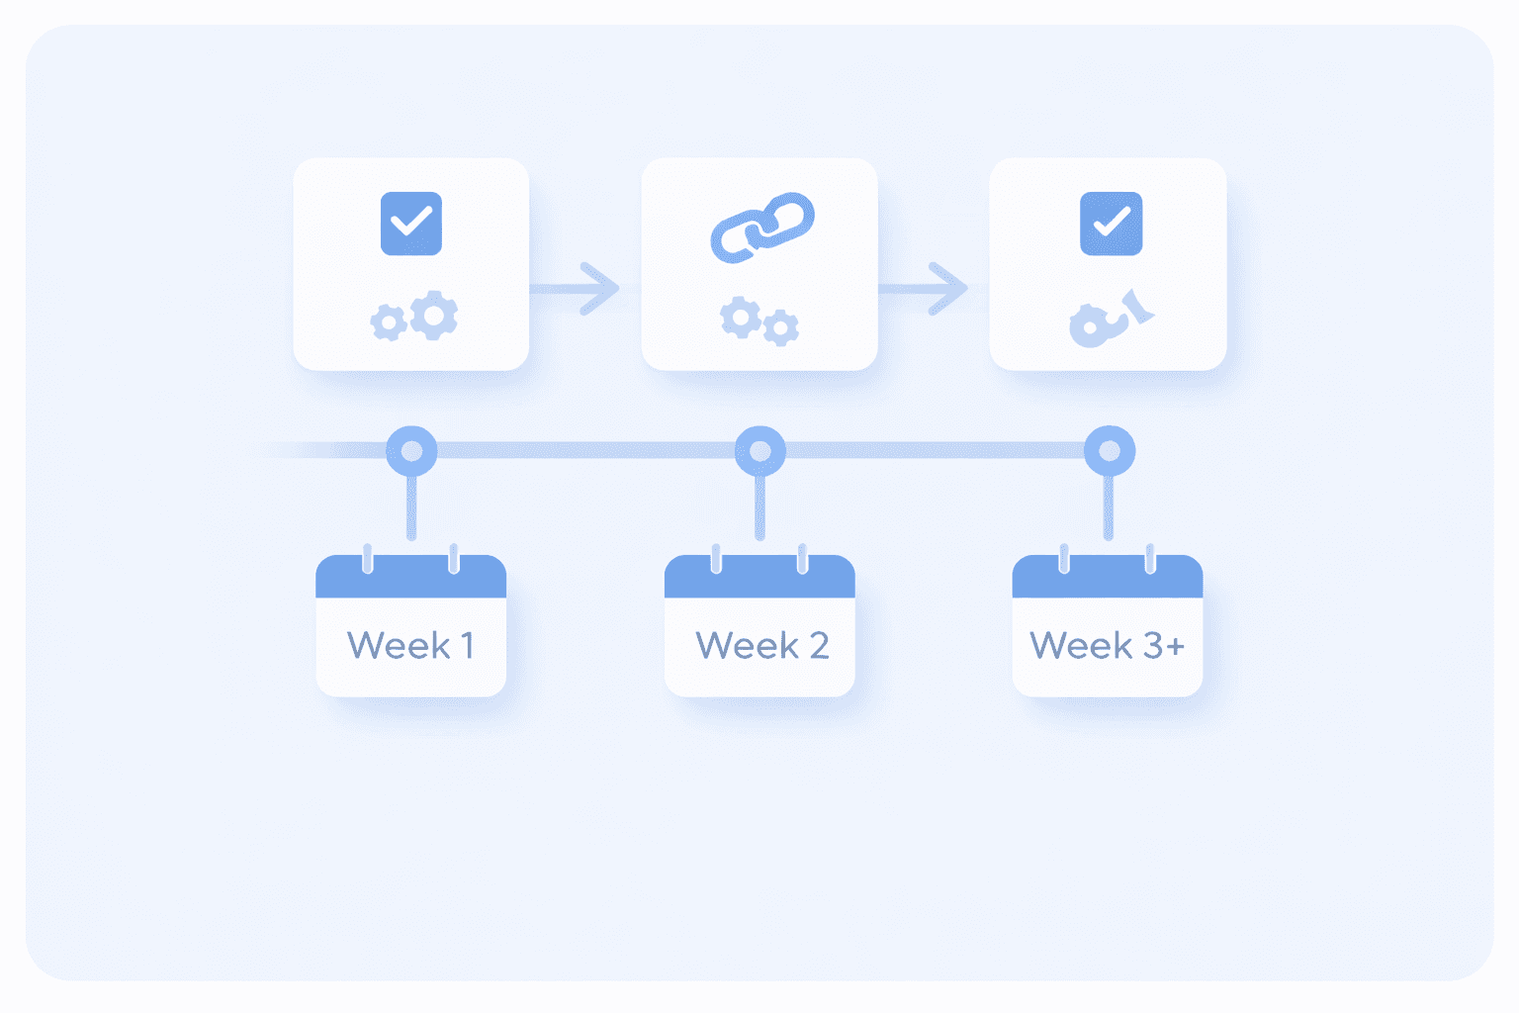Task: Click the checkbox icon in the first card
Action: click(x=411, y=224)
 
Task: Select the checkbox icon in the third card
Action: click(x=1111, y=224)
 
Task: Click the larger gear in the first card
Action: click(x=434, y=315)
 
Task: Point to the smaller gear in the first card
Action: click(x=389, y=322)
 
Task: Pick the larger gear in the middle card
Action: click(x=741, y=317)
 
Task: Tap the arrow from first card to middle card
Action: click(x=575, y=289)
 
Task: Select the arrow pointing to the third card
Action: click(x=923, y=289)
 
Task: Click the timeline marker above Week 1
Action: click(x=411, y=451)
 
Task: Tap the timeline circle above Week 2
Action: click(x=760, y=451)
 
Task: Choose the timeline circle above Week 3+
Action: click(x=1110, y=451)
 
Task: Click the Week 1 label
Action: click(x=410, y=645)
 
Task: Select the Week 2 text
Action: click(x=761, y=645)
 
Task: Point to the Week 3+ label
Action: click(x=1107, y=645)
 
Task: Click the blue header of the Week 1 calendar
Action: click(x=411, y=577)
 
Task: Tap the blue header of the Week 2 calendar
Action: click(x=759, y=577)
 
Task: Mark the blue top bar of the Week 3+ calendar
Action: click(x=1108, y=577)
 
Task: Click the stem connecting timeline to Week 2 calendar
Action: click(x=760, y=507)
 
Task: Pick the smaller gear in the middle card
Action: click(x=780, y=328)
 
